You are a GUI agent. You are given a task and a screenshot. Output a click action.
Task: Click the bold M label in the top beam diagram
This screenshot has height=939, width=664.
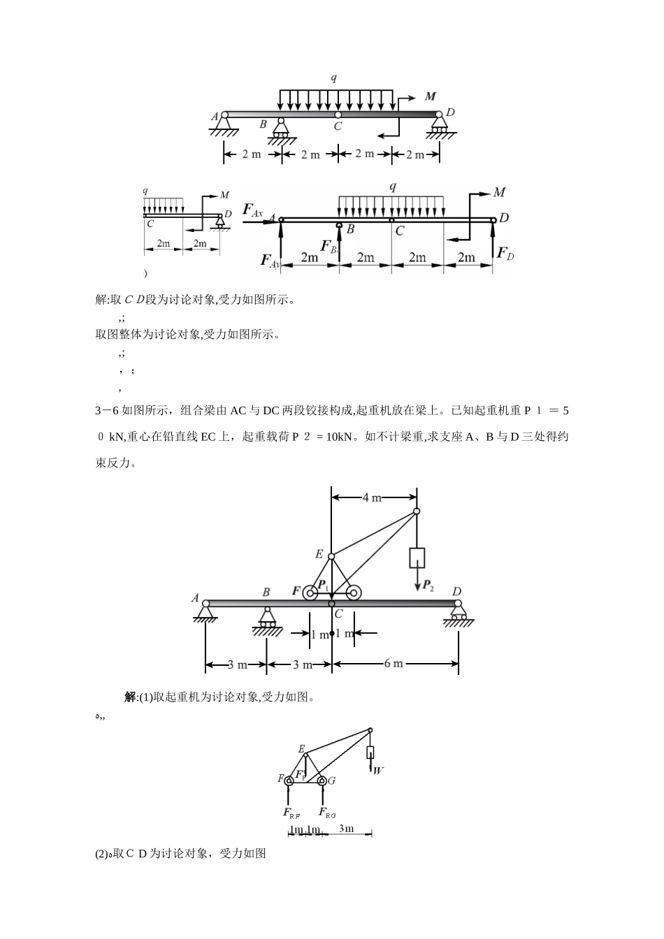point(431,97)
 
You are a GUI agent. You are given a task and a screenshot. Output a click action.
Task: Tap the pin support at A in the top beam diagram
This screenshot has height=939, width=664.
point(224,125)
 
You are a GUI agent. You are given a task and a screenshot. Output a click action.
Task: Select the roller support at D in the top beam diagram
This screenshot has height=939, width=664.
point(440,125)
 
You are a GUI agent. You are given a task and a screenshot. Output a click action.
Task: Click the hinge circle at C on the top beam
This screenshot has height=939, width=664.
point(338,115)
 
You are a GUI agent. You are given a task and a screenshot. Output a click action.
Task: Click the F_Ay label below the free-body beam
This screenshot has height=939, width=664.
point(270,261)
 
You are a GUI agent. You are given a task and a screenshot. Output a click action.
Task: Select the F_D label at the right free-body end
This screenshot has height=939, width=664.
point(505,252)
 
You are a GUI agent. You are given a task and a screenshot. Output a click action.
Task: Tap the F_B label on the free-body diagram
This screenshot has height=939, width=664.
point(329,247)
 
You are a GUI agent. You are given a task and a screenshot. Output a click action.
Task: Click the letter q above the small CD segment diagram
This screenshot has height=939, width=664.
point(145,191)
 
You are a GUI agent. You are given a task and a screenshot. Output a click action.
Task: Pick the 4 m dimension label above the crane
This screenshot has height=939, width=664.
point(372,497)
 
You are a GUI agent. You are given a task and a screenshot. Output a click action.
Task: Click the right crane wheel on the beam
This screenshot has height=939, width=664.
point(354,593)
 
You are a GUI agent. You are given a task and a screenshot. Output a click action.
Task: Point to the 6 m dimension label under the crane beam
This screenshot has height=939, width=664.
point(394,663)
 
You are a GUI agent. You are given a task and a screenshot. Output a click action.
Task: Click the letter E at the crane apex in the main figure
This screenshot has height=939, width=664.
point(319,555)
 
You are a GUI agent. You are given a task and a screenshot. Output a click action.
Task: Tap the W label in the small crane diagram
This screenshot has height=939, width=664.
point(378,771)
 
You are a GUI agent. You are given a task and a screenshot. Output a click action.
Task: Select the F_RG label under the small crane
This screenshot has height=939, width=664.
point(327,813)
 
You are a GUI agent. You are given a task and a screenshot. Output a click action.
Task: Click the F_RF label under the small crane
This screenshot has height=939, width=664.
point(291,813)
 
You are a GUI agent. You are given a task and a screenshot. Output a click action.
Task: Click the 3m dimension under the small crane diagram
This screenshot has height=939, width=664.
point(346,829)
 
